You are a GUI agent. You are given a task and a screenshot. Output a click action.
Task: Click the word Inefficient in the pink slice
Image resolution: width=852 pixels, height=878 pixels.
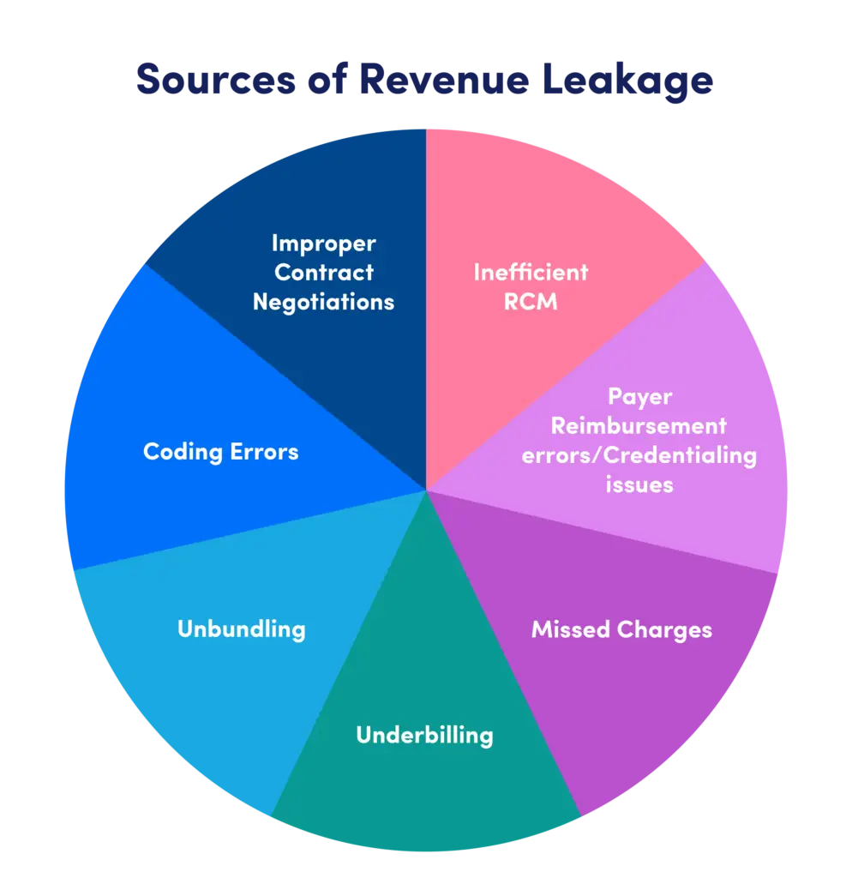click(531, 273)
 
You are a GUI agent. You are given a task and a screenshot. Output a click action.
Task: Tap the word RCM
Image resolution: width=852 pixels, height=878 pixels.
click(531, 302)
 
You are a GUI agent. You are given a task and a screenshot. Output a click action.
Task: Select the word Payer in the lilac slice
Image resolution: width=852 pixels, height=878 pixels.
click(639, 397)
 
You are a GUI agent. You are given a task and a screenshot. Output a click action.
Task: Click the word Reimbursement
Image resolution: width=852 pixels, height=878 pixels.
click(639, 425)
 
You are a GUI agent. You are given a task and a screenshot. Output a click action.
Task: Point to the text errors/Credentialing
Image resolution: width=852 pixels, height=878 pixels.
click(639, 454)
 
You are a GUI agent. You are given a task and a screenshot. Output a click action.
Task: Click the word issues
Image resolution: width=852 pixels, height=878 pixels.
click(639, 484)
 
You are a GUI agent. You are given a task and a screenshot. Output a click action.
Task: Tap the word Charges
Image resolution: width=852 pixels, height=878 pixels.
click(665, 630)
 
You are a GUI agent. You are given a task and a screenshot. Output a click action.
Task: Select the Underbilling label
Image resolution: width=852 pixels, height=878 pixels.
click(424, 735)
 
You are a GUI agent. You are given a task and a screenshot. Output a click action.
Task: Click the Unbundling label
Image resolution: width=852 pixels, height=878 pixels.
click(241, 628)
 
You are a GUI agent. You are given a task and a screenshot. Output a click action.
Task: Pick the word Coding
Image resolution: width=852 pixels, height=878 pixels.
click(178, 452)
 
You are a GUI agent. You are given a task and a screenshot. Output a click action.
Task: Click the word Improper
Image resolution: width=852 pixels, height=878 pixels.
click(323, 244)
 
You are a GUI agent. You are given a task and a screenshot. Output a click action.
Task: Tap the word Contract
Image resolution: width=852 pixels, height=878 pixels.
click(323, 273)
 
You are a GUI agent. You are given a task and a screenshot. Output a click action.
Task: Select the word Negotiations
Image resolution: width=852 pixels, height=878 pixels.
click(323, 302)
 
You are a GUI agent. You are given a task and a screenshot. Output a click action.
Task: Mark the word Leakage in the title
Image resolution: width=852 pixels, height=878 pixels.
click(624, 80)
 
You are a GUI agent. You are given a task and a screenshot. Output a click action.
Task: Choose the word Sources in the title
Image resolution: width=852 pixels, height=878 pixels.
click(212, 80)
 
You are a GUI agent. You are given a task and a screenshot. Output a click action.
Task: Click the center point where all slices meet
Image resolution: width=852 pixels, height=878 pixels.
click(426, 490)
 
